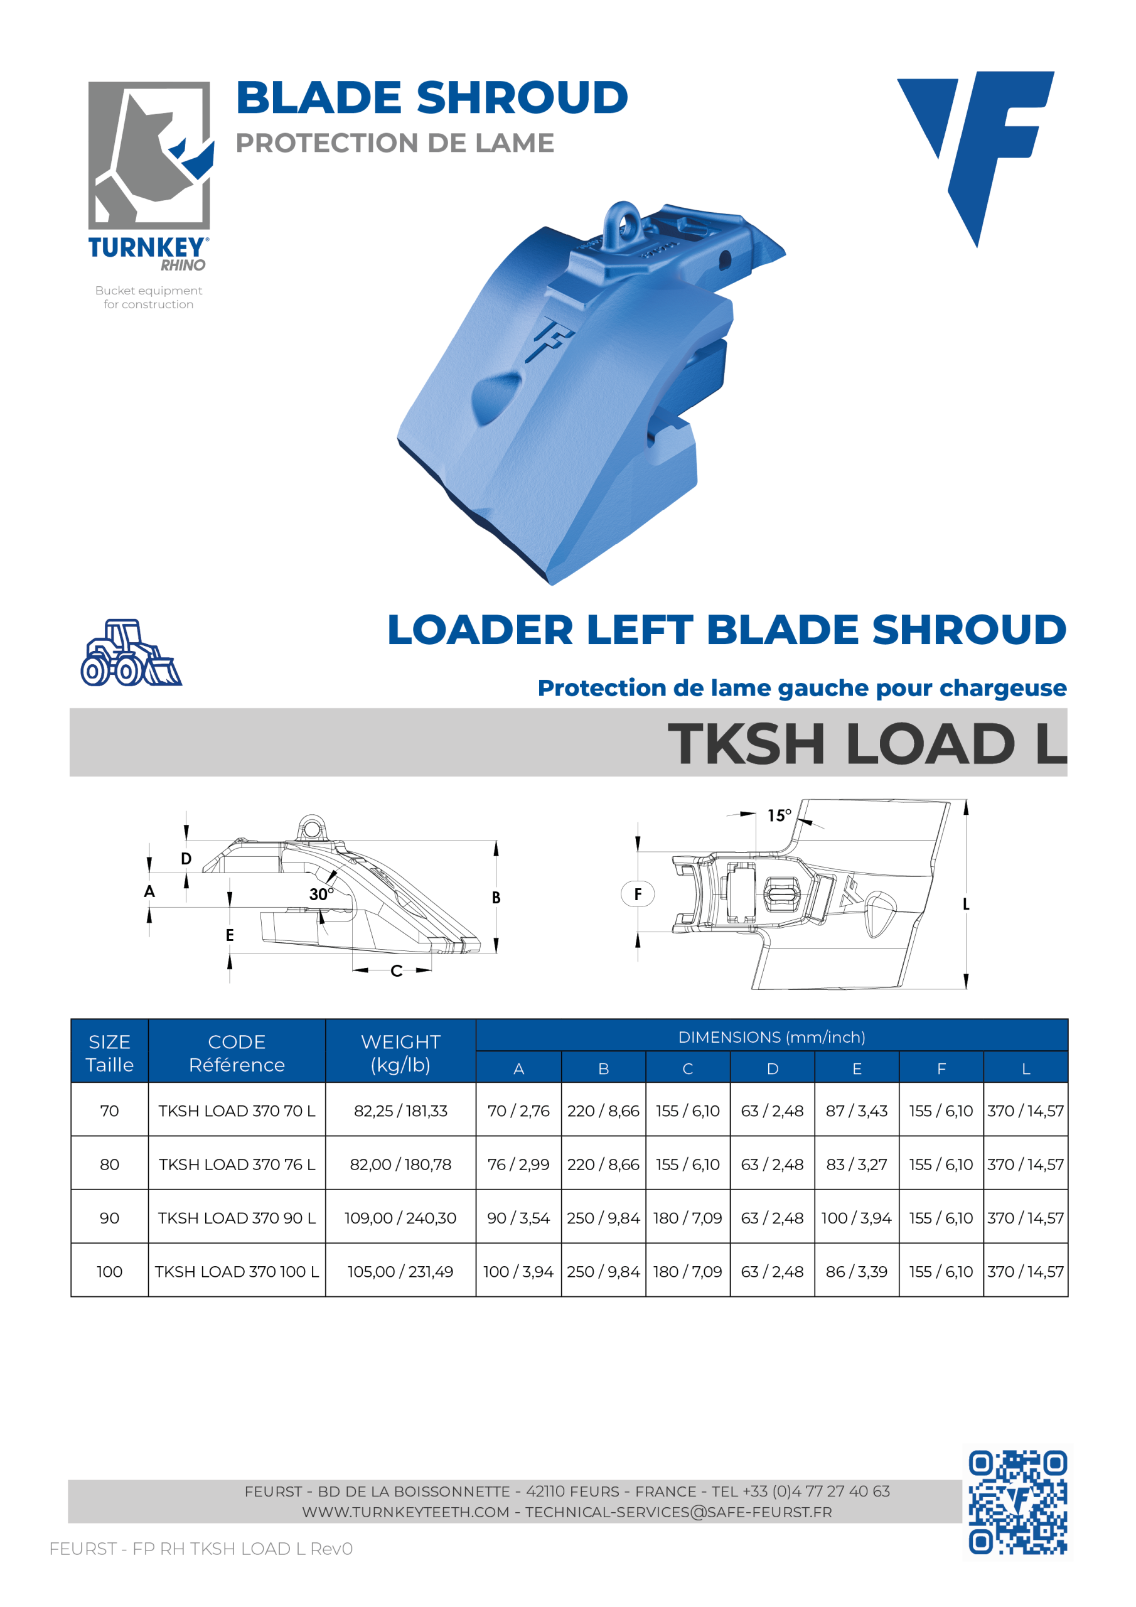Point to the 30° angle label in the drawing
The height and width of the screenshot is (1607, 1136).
point(321,894)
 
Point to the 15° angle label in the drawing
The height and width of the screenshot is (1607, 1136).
point(778,815)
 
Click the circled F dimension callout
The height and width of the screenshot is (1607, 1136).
point(638,894)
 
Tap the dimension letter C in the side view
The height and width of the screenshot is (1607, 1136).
point(396,970)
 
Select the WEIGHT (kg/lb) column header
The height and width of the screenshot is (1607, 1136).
point(400,1053)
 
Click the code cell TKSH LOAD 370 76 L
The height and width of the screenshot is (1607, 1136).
point(237,1164)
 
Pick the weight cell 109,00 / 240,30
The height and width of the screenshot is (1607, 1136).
point(400,1218)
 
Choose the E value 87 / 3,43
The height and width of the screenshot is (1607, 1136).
point(856,1110)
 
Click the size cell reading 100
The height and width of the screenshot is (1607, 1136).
point(109,1272)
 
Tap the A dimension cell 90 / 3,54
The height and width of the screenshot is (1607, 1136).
point(518,1218)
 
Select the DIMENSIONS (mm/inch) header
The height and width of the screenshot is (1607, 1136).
point(771,1037)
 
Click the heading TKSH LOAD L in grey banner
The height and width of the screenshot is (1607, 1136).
point(867,743)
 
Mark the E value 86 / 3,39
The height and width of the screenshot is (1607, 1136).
point(856,1272)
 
